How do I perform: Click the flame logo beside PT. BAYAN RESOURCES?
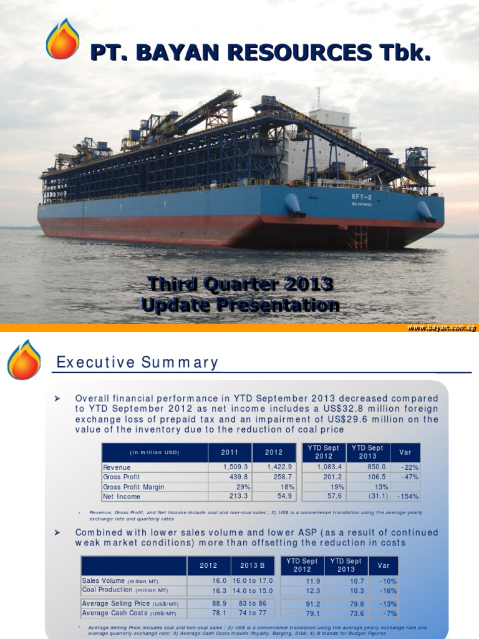coord(62,39)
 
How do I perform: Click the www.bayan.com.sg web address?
coord(442,328)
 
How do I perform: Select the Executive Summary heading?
coord(137,363)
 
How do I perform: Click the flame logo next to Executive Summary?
coord(24,360)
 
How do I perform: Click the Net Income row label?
coord(122,497)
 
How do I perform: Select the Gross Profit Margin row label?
coord(135,487)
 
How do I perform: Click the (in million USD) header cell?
coord(154,452)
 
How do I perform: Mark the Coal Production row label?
coord(125,590)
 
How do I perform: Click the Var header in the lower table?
coord(383,565)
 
